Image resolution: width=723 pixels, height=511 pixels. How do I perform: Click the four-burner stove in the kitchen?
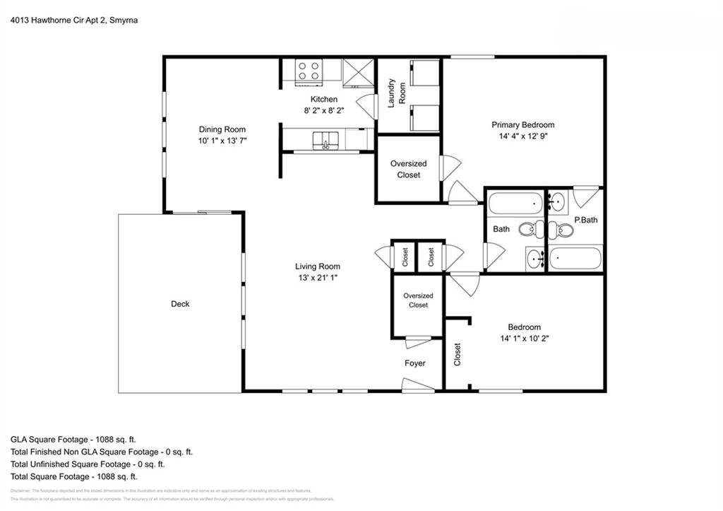pos(308,71)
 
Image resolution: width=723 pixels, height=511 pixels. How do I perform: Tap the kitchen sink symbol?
pos(325,139)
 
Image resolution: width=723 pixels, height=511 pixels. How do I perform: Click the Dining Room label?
pos(222,129)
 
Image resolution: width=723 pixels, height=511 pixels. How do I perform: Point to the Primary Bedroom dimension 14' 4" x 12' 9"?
pos(523,136)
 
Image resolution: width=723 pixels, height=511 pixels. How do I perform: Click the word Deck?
pos(180,304)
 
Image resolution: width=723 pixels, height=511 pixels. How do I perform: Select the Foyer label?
pos(414,363)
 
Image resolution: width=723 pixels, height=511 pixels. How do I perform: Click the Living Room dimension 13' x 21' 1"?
pos(318,278)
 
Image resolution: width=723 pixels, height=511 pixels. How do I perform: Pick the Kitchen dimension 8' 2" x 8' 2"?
pos(324,110)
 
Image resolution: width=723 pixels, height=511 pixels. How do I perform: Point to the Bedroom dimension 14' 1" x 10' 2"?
pos(524,339)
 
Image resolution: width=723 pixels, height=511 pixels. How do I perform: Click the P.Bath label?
pos(585,220)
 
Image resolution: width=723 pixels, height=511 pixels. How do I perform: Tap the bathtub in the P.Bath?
pos(575,258)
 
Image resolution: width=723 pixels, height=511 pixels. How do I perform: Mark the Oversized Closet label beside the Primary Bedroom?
pos(408,170)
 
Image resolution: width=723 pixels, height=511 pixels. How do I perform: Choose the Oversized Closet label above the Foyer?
pos(418,300)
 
